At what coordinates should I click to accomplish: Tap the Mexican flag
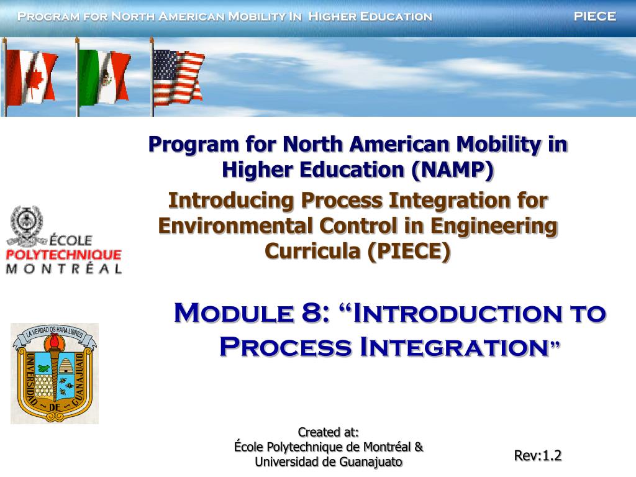pyautogui.click(x=104, y=77)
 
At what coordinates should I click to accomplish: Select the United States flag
pyautogui.click(x=178, y=77)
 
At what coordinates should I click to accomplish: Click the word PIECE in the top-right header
pyautogui.click(x=594, y=17)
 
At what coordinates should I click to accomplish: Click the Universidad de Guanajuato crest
pyautogui.click(x=55, y=373)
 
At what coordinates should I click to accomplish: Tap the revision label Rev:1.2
pyautogui.click(x=538, y=456)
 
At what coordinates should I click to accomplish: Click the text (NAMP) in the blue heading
pyautogui.click(x=452, y=170)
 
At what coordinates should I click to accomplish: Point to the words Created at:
pyautogui.click(x=329, y=432)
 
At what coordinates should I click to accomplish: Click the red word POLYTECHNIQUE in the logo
pyautogui.click(x=63, y=255)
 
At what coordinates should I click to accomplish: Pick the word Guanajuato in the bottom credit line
pyautogui.click(x=371, y=461)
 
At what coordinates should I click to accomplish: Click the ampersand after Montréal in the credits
pyautogui.click(x=419, y=447)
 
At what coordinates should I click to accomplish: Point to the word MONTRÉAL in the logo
pyautogui.click(x=63, y=268)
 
